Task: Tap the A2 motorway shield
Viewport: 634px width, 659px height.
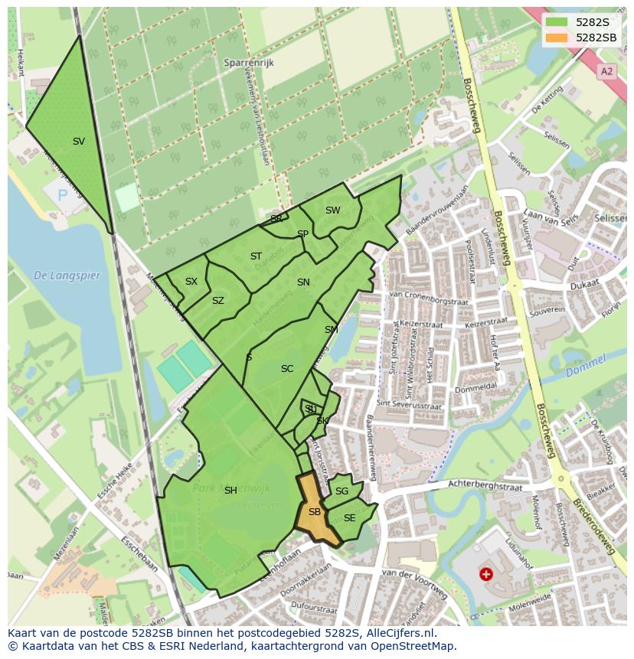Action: pos(607,71)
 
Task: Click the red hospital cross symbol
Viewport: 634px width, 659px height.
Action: pos(485,573)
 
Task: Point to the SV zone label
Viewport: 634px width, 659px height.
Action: pos(79,142)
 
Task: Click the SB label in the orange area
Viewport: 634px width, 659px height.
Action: pos(315,512)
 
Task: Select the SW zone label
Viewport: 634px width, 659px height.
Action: pos(332,210)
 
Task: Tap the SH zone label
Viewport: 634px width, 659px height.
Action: pos(230,491)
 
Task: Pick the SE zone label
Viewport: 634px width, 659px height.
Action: pos(349,518)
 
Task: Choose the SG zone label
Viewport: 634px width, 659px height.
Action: pos(342,491)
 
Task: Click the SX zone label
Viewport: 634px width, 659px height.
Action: pos(191,282)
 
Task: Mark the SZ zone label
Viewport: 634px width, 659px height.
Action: pos(218,301)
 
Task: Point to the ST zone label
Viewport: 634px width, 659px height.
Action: pos(256,256)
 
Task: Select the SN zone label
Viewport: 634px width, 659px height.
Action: pos(303,282)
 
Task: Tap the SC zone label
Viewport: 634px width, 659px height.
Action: pos(287,369)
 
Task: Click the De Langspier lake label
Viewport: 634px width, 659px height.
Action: pos(67,276)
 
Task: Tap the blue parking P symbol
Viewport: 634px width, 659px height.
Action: pos(63,195)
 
